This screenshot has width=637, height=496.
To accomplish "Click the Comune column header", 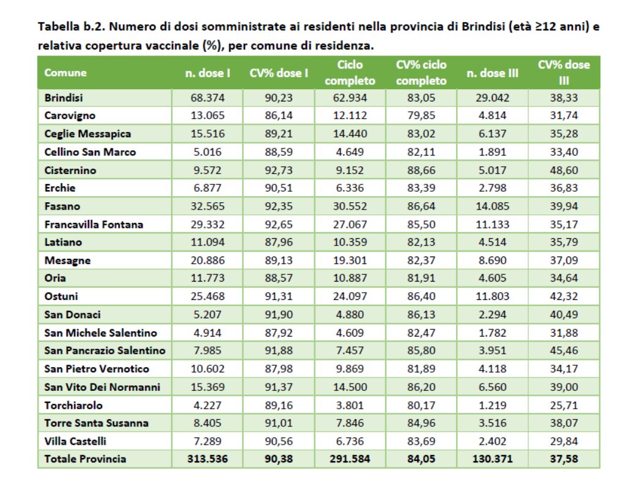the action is coord(65,73).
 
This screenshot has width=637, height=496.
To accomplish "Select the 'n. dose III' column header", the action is coord(492,73).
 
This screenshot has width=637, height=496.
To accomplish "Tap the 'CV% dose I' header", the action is coord(279,73).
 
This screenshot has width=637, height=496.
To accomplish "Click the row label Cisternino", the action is coord(70,170).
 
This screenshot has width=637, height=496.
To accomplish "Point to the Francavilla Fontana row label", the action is coord(94,224).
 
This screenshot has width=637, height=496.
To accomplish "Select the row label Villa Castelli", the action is coord(75,441).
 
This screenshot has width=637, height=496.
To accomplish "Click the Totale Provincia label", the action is coord(86,459).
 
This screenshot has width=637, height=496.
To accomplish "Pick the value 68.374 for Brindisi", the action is coord(208,98).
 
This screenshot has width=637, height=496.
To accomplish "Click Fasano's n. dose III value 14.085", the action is coord(492,206).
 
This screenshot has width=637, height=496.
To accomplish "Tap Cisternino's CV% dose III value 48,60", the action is coord(564,170).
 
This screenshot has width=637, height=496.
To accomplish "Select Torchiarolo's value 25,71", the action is coord(564,405).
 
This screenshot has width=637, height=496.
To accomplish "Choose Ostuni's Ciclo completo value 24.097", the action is coord(350,296).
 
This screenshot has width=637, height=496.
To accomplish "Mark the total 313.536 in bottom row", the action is coord(208,459).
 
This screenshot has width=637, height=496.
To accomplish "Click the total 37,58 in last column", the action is coord(564,459).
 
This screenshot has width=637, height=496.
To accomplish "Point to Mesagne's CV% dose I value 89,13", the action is coord(279,260).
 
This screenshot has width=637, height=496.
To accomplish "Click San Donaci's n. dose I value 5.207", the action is coord(208,315).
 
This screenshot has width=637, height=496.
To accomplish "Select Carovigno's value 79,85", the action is coord(421,115).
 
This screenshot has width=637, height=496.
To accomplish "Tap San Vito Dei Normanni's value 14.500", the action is coord(350,387).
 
